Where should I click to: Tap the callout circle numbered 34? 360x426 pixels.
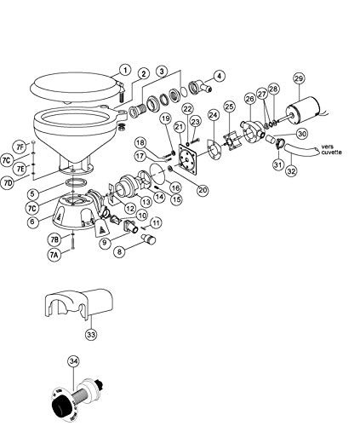click(x=73, y=361)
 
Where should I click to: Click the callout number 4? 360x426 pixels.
click(x=218, y=76)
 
